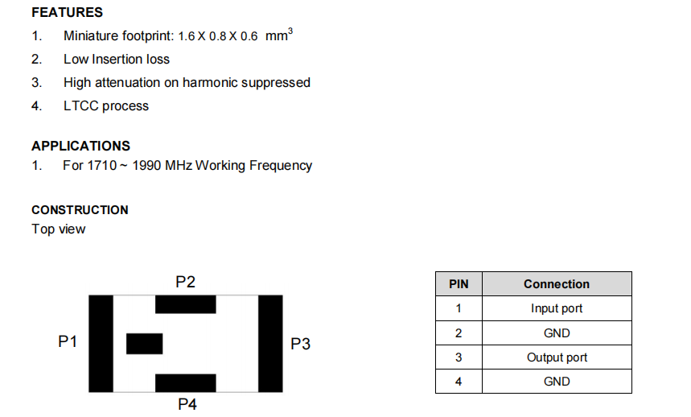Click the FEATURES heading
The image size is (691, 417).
[67, 13]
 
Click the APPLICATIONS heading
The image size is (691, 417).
[80, 146]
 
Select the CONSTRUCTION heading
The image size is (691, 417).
[80, 209]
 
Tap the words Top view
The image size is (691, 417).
[58, 229]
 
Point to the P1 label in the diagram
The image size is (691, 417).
[68, 341]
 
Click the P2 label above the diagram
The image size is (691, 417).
[185, 282]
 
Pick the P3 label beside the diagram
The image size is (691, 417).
[300, 344]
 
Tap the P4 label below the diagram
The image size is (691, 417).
[187, 403]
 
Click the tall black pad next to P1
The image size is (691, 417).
[101, 344]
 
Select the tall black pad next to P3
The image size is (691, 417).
[270, 344]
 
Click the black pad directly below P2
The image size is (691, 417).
[185, 304]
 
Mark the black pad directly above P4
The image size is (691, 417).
[185, 382]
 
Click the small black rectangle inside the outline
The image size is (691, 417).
[145, 343]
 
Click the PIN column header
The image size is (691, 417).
[459, 284]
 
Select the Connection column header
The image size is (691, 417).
[557, 284]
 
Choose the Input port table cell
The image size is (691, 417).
[557, 308]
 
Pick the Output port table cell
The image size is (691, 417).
[557, 357]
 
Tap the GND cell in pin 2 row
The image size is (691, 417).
[557, 333]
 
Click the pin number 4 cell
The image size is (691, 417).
[459, 382]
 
